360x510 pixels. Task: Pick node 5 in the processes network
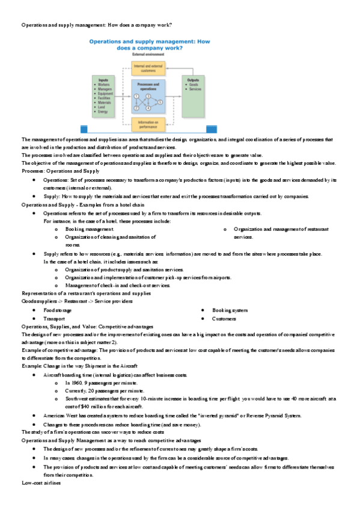(160, 102)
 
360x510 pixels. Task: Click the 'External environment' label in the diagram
(148, 54)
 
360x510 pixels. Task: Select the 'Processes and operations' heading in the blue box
(148, 85)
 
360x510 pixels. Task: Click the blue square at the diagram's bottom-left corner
(84, 128)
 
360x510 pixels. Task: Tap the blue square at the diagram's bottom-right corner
(212, 128)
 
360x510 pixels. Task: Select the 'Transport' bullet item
(55, 319)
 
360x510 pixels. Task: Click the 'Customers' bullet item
(224, 319)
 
